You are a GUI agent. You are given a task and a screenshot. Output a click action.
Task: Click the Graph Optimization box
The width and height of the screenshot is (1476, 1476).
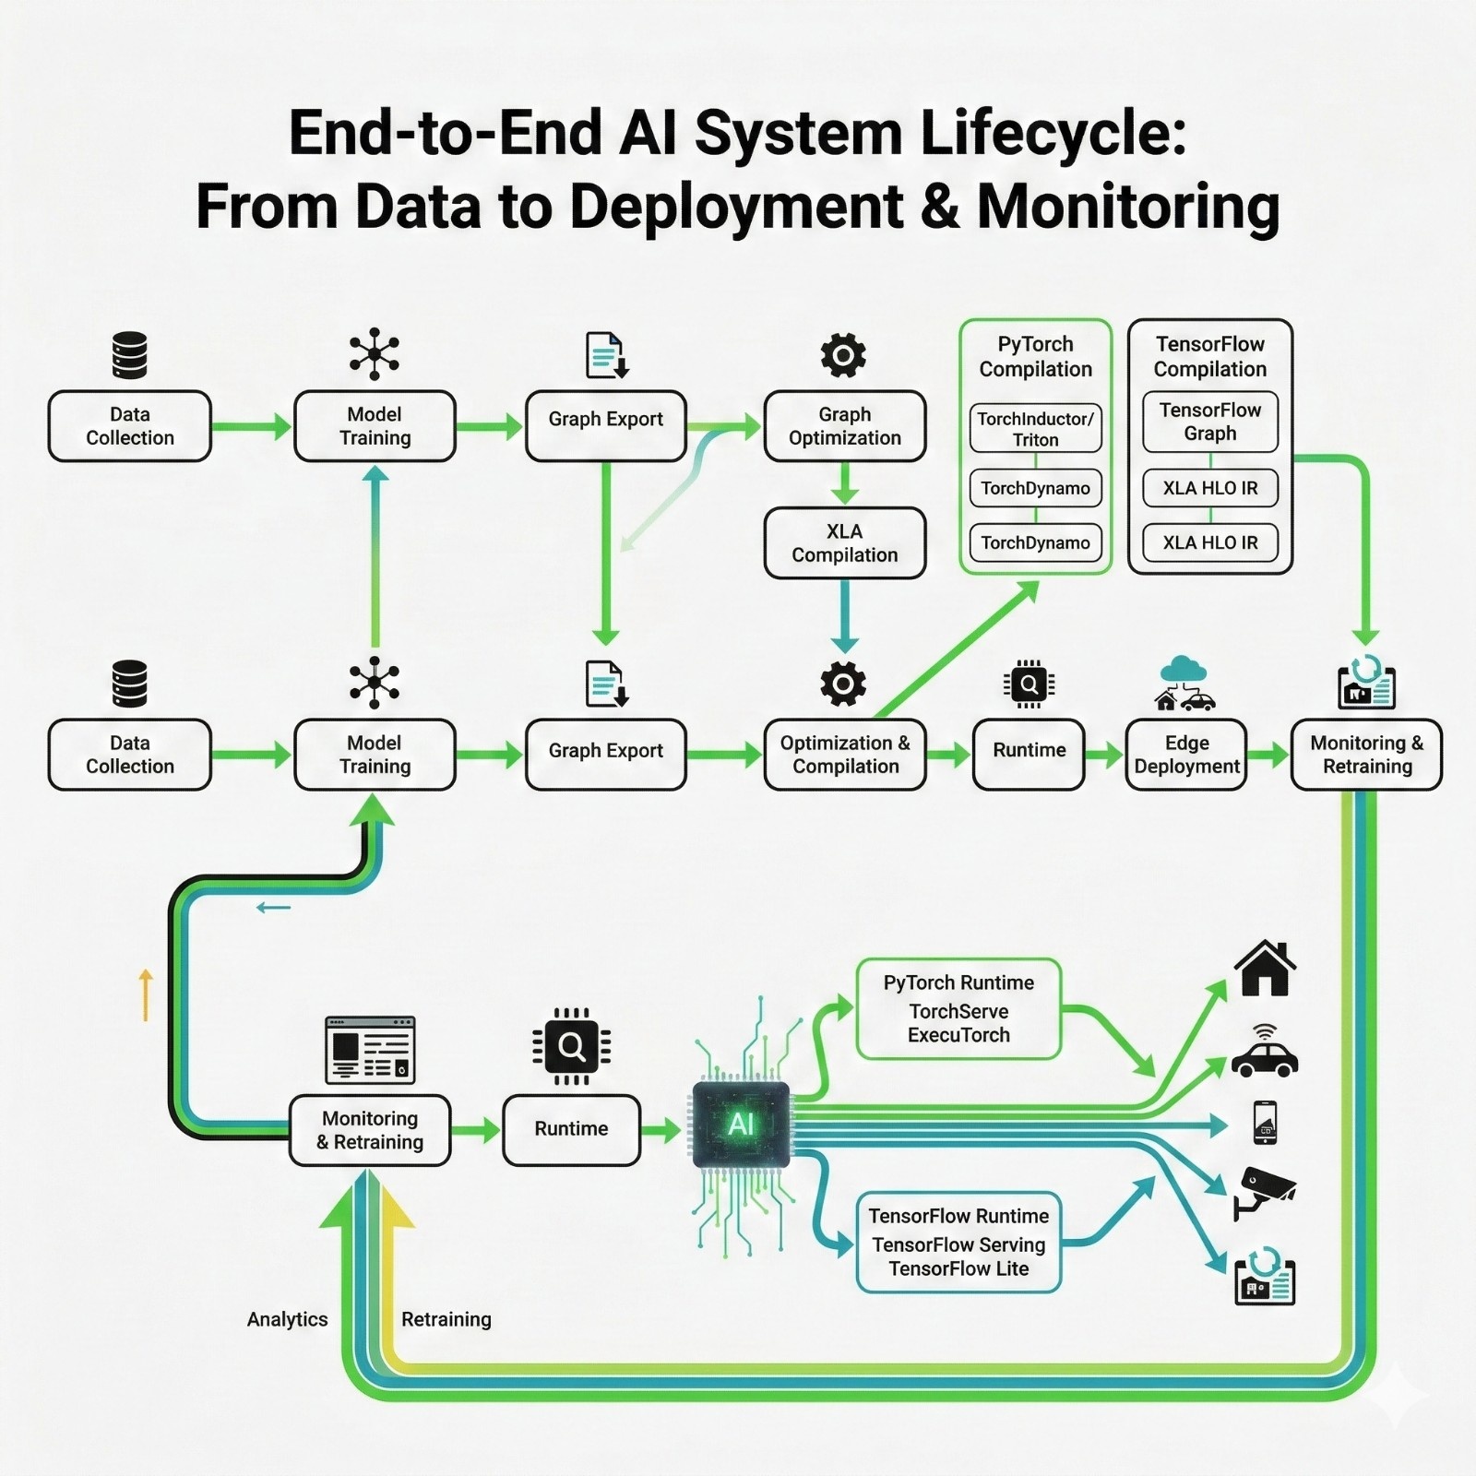pyautogui.click(x=844, y=426)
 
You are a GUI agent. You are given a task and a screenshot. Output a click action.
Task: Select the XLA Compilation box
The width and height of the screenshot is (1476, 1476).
pyautogui.click(x=844, y=543)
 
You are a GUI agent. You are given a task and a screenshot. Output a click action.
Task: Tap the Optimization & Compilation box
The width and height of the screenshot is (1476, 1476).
pyautogui.click(x=844, y=755)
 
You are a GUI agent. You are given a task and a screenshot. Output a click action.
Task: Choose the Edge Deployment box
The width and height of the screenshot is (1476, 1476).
pyautogui.click(x=1186, y=755)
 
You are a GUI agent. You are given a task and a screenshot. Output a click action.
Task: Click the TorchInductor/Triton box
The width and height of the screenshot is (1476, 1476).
pyautogui.click(x=1035, y=429)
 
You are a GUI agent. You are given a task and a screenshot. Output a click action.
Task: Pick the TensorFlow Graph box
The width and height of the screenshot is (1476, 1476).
pyautogui.click(x=1209, y=422)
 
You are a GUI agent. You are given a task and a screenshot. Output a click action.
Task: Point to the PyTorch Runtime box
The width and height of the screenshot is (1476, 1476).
pyautogui.click(x=958, y=1008)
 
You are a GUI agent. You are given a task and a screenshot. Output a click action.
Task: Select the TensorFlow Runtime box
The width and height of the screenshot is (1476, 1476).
pyautogui.click(x=958, y=1242)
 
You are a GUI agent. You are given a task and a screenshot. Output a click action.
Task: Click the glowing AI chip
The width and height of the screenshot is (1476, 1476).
pyautogui.click(x=741, y=1125)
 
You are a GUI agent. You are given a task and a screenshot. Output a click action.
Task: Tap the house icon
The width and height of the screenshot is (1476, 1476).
pyautogui.click(x=1265, y=968)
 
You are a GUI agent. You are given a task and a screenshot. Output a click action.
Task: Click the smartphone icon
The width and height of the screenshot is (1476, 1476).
pyautogui.click(x=1265, y=1122)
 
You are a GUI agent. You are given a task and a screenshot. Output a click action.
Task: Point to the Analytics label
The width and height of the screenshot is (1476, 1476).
pyautogui.click(x=287, y=1319)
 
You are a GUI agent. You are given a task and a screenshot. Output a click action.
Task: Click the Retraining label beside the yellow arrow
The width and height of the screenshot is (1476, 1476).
pyautogui.click(x=446, y=1319)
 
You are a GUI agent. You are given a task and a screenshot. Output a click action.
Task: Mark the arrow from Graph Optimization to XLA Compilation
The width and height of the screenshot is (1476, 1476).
pyautogui.click(x=844, y=483)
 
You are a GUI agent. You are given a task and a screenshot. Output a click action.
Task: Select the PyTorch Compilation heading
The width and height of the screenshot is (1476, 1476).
pyautogui.click(x=1035, y=356)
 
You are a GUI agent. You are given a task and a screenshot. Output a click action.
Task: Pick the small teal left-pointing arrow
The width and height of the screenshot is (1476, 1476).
pyautogui.click(x=273, y=908)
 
